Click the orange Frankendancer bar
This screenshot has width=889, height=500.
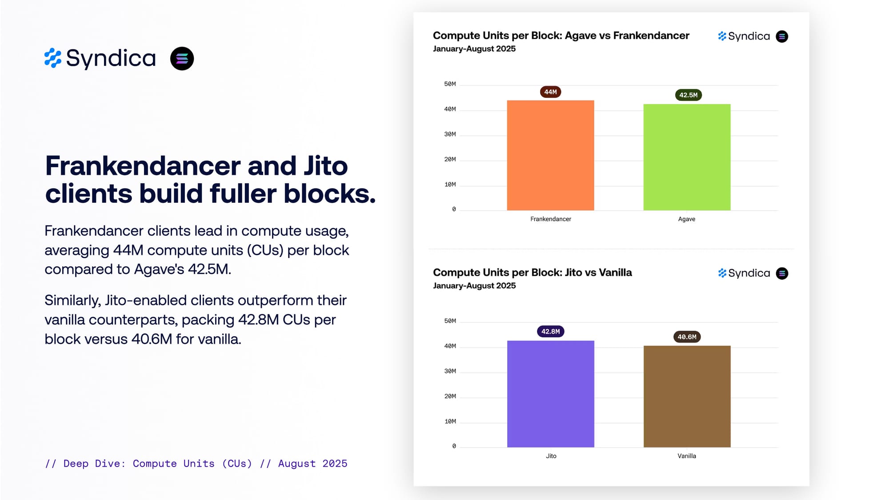pos(550,155)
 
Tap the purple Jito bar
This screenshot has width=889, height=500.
pos(550,394)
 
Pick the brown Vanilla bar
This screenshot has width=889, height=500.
pos(687,396)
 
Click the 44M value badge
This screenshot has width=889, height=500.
pos(550,92)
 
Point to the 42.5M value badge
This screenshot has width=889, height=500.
pos(688,95)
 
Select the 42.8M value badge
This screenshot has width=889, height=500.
pos(550,332)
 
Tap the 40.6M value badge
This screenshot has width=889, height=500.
pos(687,337)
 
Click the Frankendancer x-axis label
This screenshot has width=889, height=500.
pos(550,219)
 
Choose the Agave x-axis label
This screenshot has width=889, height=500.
pos(686,219)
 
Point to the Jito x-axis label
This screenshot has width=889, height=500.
pos(551,456)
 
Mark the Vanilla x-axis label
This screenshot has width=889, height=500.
pos(686,456)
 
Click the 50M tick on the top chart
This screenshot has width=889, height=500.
pos(450,84)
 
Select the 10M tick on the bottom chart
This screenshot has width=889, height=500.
pos(450,421)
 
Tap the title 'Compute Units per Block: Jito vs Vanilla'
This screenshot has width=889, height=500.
pos(532,272)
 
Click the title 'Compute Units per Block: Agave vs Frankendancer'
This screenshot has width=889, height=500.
pos(561,36)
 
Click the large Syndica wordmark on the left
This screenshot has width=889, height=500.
pos(111,58)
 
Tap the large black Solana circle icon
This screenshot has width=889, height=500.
pos(182,59)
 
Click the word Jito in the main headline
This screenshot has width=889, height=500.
pos(325,166)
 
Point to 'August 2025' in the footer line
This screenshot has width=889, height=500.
pos(312,464)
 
